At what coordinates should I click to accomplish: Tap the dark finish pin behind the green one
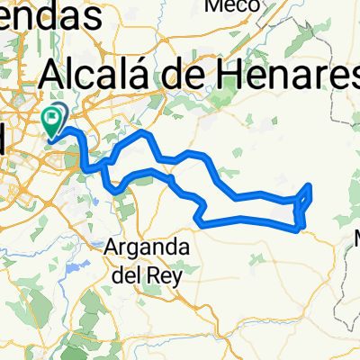pyautogui.click(x=60, y=114)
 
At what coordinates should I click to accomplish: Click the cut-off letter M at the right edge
pyautogui.click(x=355, y=239)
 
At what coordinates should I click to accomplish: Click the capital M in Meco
pyautogui.click(x=214, y=6)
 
